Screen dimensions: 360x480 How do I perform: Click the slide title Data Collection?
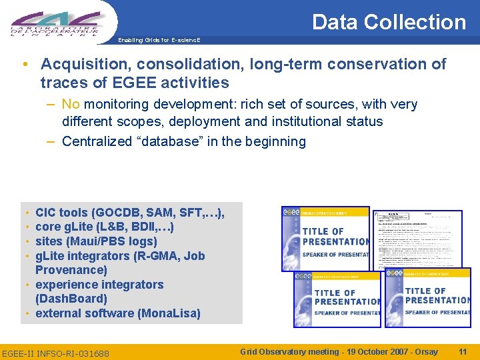pyautogui.click(x=389, y=22)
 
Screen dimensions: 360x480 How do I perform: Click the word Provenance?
pyautogui.click(x=71, y=270)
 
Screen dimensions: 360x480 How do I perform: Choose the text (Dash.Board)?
pyautogui.click(x=71, y=299)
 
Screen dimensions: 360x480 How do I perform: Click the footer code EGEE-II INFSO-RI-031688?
pyautogui.click(x=56, y=352)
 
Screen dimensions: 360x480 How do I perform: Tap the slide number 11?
pyautogui.click(x=463, y=351)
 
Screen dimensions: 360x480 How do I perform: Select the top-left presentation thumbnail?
pyautogui.click(x=325, y=238)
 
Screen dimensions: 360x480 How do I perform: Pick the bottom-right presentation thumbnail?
pyautogui.click(x=428, y=297)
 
